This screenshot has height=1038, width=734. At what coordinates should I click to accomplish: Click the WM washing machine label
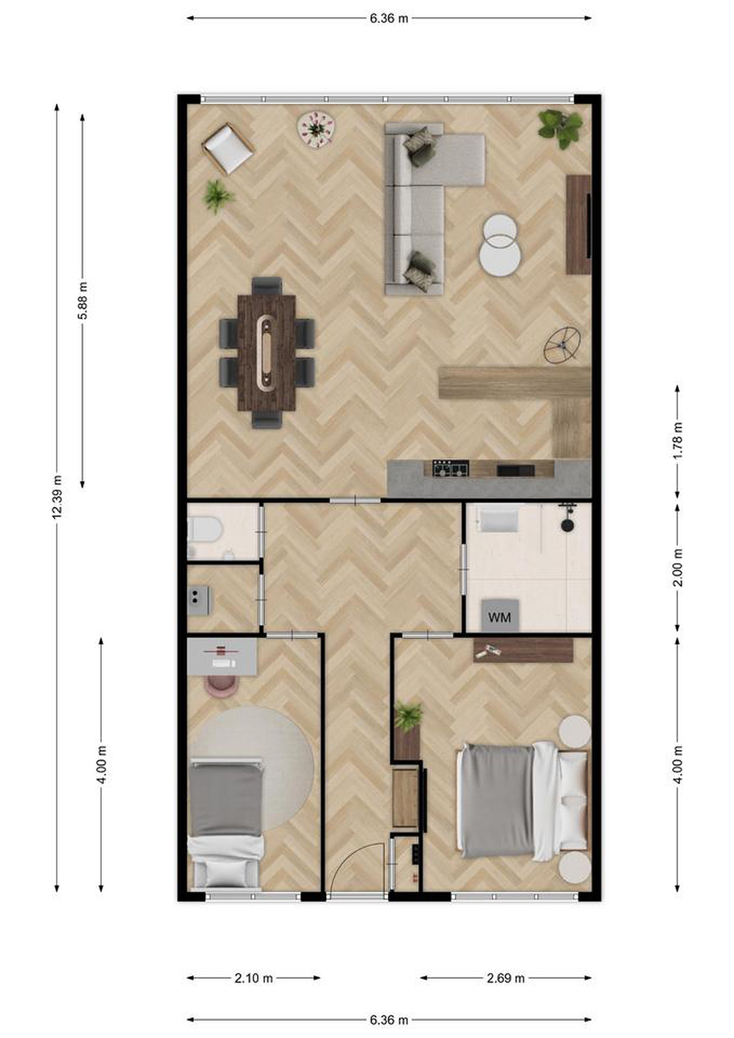(499, 617)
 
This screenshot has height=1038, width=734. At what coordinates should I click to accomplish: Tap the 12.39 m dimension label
(57, 497)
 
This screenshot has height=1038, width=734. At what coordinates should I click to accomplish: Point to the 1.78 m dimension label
(677, 440)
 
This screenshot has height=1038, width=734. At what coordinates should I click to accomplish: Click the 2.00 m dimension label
(677, 567)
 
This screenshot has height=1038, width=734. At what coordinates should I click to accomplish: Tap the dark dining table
(267, 352)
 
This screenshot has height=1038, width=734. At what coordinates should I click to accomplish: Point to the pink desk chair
(222, 686)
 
